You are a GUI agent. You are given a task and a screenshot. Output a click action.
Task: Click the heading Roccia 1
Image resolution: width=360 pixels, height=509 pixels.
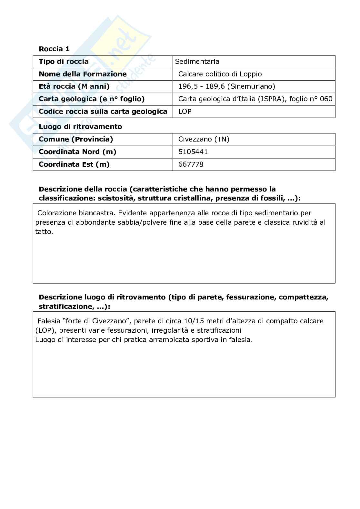(x=54, y=49)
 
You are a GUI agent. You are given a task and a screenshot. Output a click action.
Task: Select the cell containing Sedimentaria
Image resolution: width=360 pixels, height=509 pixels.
(x=197, y=62)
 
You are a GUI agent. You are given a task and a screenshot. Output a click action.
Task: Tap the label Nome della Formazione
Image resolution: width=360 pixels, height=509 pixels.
(x=83, y=74)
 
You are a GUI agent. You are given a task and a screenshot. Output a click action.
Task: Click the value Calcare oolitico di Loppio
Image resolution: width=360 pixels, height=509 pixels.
(x=220, y=74)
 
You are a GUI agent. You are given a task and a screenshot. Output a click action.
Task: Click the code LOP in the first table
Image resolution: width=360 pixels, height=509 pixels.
(x=185, y=112)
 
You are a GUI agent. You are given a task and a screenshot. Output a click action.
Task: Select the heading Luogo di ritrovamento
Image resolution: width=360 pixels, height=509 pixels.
(x=80, y=127)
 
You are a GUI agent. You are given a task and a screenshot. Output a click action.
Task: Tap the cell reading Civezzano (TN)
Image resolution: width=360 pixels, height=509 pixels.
(x=204, y=139)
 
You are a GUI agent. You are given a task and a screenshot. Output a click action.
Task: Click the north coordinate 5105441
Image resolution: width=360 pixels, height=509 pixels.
(x=193, y=152)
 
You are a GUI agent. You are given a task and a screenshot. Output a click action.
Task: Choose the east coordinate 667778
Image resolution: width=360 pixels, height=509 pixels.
(x=191, y=164)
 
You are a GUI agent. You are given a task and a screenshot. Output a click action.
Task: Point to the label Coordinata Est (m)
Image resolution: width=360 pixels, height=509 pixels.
(x=74, y=164)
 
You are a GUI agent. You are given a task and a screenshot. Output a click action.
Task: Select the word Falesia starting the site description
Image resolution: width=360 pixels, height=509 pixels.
(x=49, y=321)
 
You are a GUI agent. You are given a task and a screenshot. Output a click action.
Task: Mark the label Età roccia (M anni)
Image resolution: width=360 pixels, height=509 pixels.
(x=74, y=86)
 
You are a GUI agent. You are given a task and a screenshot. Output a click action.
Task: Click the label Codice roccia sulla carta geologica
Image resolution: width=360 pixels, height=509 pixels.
(x=103, y=112)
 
